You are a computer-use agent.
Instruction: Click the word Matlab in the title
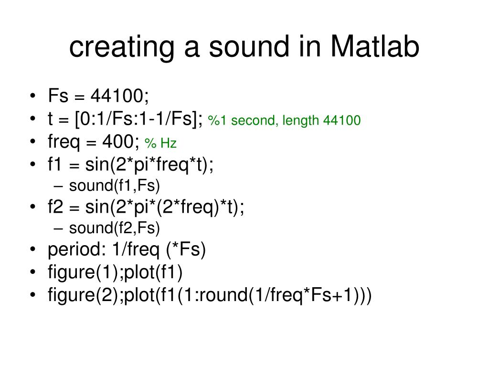click(375, 47)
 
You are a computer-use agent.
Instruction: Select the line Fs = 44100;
click(98, 96)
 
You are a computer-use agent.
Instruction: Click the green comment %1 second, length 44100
click(284, 120)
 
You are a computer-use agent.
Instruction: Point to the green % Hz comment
click(160, 143)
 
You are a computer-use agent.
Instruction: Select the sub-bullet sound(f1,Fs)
click(114, 185)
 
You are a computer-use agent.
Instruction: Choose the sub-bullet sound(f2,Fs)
click(114, 228)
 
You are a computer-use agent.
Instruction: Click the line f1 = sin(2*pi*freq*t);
click(131, 165)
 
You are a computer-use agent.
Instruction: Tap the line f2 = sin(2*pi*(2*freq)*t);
click(146, 208)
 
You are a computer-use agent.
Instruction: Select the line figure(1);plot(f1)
click(115, 272)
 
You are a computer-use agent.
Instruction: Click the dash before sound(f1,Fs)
click(58, 186)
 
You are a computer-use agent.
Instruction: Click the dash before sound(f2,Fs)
click(58, 229)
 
